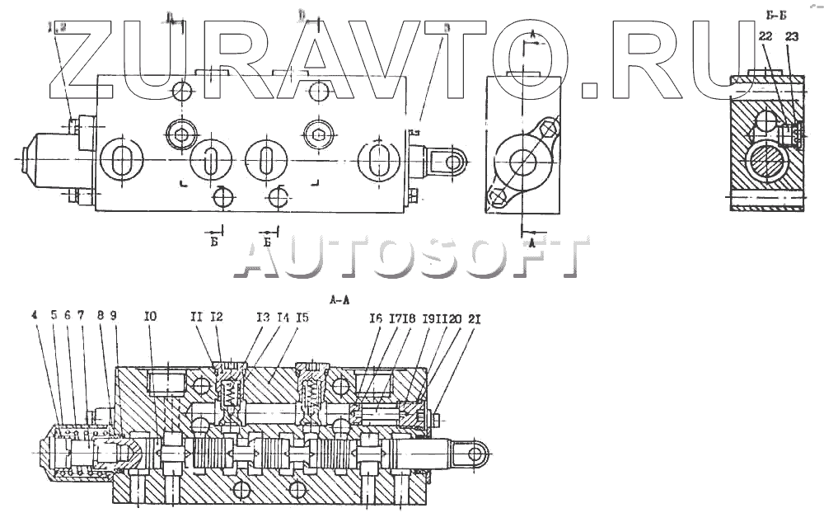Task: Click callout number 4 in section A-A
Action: pyautogui.click(x=34, y=314)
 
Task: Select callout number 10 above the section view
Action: pyautogui.click(x=149, y=314)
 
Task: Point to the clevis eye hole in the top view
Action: pyautogui.click(x=452, y=160)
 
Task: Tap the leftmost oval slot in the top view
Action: pyautogui.click(x=122, y=159)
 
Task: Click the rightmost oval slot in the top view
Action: pyautogui.click(x=379, y=159)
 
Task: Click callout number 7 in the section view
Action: pyautogui.click(x=81, y=314)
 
